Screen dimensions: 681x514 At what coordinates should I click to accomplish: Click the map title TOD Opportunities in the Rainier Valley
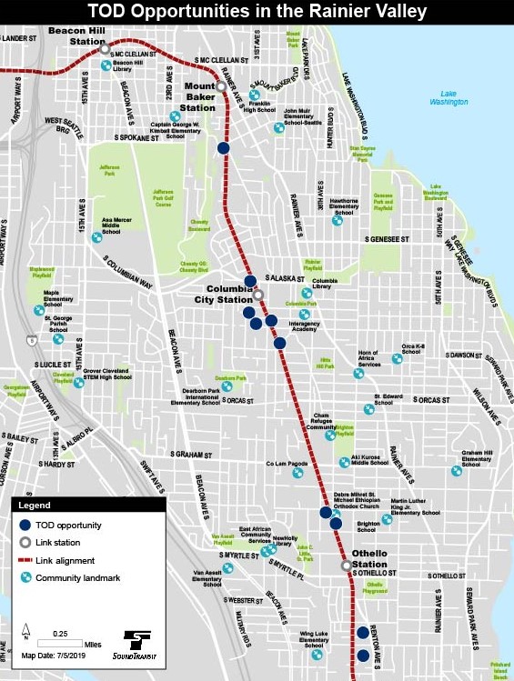257,11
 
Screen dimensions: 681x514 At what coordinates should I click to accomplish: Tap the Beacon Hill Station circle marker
105,47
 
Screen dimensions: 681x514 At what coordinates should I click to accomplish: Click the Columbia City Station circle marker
257,295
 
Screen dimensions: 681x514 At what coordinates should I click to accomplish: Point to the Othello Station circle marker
346,566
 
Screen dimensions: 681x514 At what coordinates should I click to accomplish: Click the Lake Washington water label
455,97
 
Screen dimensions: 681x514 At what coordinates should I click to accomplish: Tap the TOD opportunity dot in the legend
26,526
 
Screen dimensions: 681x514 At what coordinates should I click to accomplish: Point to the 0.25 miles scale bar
61,643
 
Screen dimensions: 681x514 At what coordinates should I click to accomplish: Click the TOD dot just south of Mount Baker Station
223,148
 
